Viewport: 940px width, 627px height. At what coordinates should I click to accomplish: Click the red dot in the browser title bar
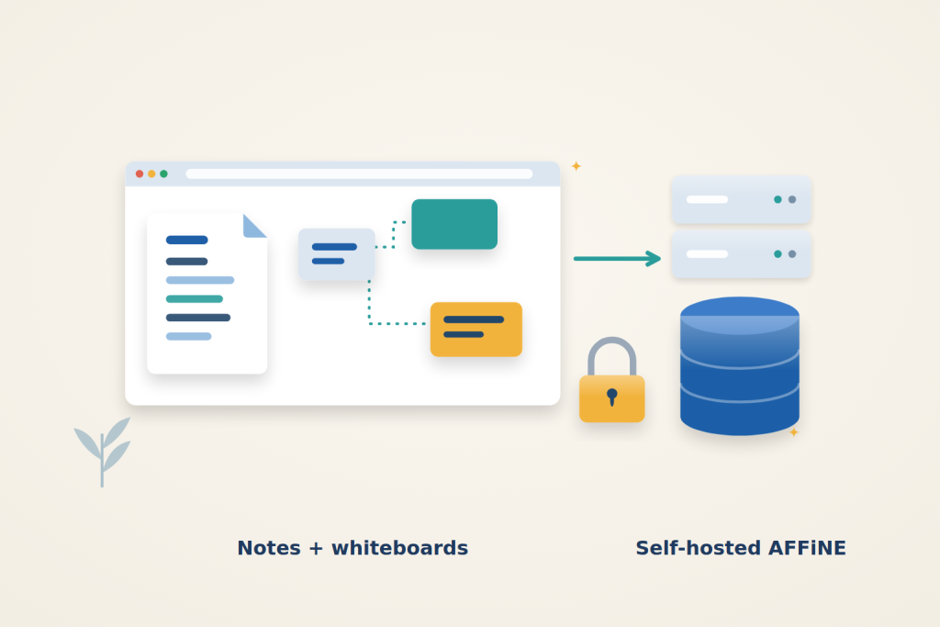(140, 174)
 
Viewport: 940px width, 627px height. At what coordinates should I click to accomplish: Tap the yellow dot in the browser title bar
(151, 174)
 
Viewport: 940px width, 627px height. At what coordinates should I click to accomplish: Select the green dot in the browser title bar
(163, 174)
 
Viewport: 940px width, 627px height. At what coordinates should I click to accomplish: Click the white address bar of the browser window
(359, 174)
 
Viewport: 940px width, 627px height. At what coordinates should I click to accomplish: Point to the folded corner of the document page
(253, 227)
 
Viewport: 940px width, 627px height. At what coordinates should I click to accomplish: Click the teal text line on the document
(195, 299)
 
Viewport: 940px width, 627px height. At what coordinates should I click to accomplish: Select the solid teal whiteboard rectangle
(454, 224)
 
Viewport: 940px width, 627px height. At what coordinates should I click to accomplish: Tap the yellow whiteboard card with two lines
(476, 329)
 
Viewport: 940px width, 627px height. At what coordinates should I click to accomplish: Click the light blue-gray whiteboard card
(336, 254)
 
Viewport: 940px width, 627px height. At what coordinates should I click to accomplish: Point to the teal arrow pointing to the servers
(617, 259)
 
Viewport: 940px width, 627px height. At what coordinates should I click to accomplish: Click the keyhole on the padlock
(612, 397)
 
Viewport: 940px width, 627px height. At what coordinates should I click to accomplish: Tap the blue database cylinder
(740, 366)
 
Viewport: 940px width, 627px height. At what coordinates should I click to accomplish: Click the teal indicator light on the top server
(778, 199)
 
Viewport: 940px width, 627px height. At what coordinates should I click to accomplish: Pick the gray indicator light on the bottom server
(792, 254)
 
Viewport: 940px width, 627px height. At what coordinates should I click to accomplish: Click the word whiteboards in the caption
(399, 548)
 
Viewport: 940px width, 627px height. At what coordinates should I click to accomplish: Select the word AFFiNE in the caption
(807, 548)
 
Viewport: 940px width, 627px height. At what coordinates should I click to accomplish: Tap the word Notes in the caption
(269, 548)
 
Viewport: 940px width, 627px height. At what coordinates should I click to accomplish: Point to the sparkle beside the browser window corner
(576, 166)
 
